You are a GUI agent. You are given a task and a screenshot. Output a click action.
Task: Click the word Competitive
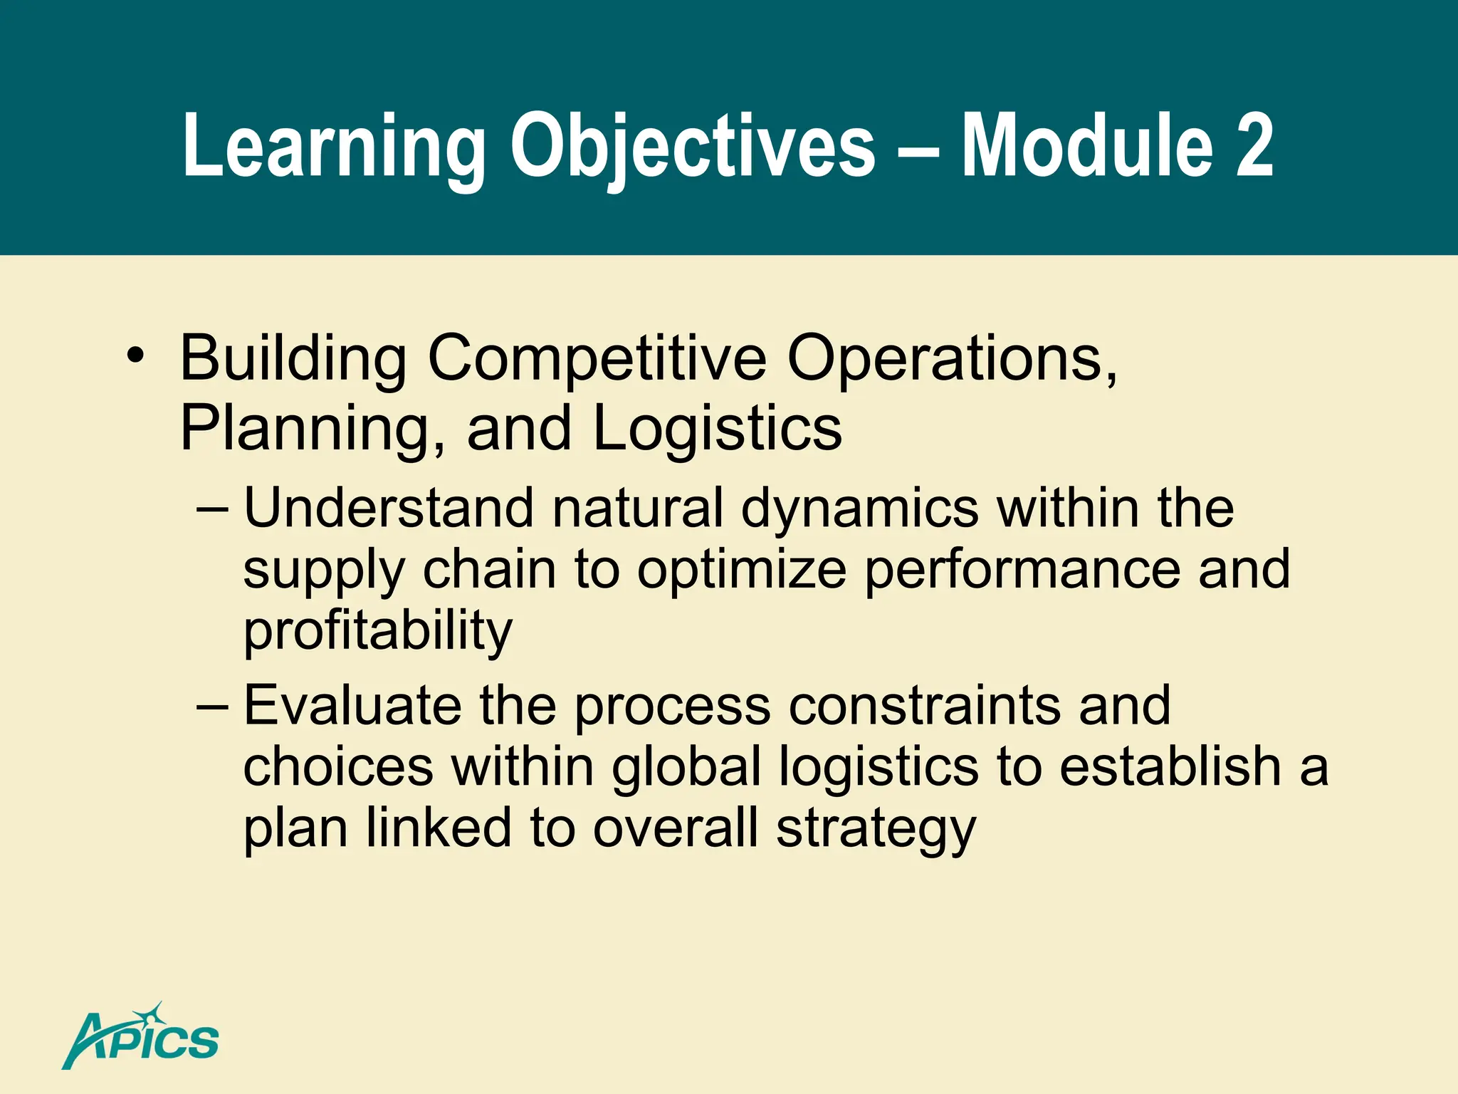pos(597,358)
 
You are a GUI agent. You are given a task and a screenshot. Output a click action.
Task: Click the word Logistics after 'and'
pos(717,429)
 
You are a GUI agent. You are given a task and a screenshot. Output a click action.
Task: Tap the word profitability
pos(377,631)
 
